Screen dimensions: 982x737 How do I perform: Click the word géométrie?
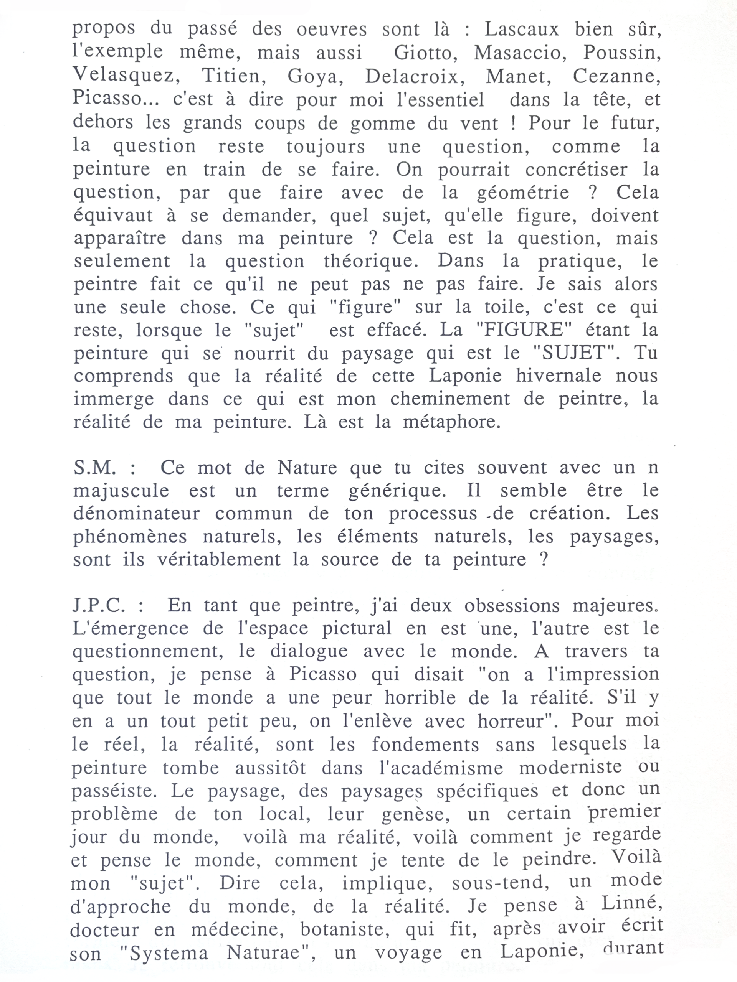(523, 193)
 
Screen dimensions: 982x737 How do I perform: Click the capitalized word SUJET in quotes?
(575, 353)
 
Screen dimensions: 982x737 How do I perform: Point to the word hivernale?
(559, 376)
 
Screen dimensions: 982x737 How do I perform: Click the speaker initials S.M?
(95, 468)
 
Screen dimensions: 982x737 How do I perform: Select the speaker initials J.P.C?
(99, 606)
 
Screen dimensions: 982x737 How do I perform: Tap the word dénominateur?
(136, 514)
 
